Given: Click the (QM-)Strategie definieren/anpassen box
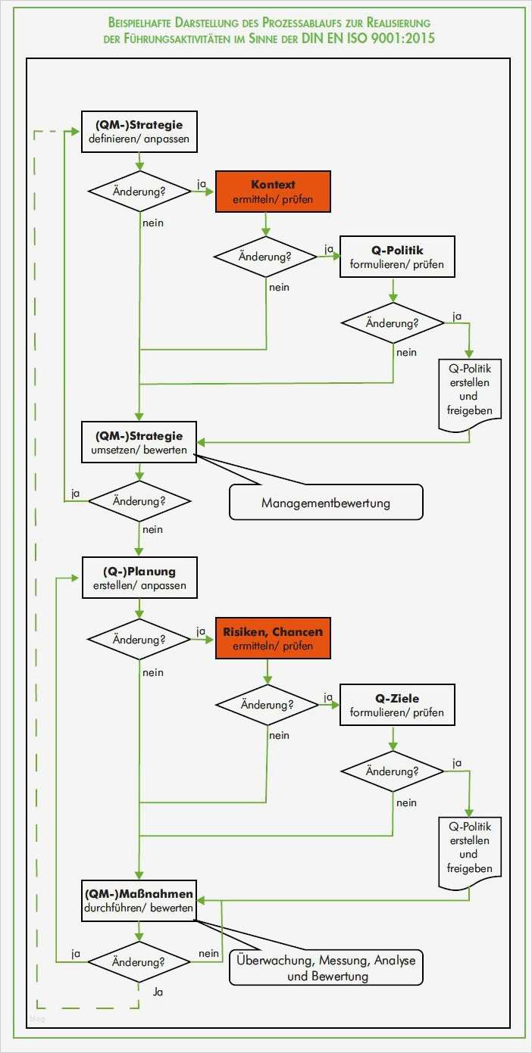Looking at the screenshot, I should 139,132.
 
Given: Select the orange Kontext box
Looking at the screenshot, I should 273,192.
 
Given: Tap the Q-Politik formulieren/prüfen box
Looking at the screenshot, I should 397,257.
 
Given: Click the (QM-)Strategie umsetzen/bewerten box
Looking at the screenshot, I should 139,442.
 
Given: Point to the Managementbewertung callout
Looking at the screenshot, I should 326,503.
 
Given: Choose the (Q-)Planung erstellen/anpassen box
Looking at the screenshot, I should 139,578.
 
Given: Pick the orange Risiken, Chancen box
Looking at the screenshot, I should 273,638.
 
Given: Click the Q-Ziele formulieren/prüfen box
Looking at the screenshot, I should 397,705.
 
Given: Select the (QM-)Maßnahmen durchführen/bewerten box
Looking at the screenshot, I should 139,900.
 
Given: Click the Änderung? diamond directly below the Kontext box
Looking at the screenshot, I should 265,257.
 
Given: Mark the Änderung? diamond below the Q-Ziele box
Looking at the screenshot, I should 392,771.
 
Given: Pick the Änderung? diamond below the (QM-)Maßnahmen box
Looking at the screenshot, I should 139,962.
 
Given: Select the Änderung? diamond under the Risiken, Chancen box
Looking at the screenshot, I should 267,704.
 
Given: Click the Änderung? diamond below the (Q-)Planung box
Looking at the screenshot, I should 139,639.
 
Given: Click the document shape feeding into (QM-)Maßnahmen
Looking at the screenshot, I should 469,851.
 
